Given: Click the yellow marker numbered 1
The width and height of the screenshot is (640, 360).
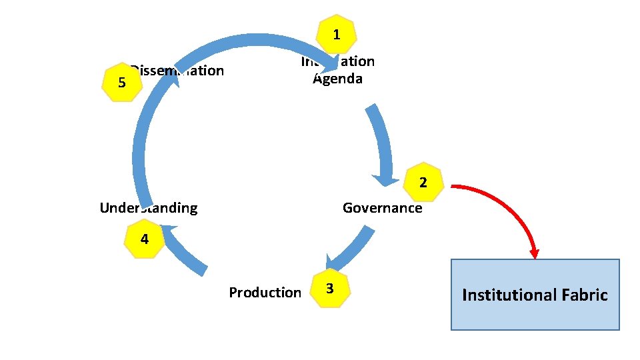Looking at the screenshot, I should [337, 35].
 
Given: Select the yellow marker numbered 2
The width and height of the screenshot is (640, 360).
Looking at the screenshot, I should [423, 182].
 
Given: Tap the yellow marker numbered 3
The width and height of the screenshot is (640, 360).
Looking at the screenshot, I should [329, 288].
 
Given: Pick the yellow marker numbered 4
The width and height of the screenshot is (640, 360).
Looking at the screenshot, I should [145, 239].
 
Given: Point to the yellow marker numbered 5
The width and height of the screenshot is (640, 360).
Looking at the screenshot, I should [122, 83].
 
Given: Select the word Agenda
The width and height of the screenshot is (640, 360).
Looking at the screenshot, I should [338, 79].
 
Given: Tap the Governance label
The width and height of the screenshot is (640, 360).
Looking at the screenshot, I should [382, 208].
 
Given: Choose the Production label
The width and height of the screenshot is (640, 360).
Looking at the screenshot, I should [265, 293].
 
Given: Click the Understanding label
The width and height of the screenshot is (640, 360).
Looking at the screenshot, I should [148, 208].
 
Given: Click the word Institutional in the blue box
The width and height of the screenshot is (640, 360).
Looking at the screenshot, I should [507, 295].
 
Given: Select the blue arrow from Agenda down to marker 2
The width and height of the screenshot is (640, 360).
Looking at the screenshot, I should [383, 143].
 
